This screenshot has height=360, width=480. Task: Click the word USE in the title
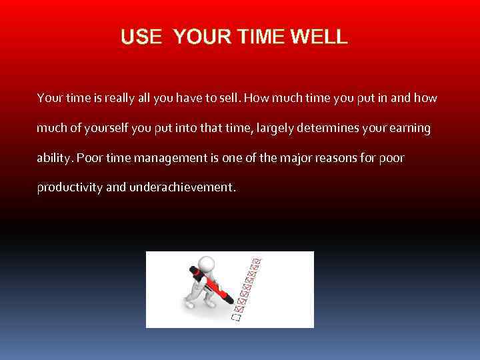pos(141,37)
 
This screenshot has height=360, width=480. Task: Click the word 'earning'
pos(408,128)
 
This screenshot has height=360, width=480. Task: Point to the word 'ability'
pos(55,158)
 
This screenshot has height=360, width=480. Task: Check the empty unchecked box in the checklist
pos(234,318)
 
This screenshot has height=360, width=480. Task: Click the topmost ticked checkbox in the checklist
pos(257,261)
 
